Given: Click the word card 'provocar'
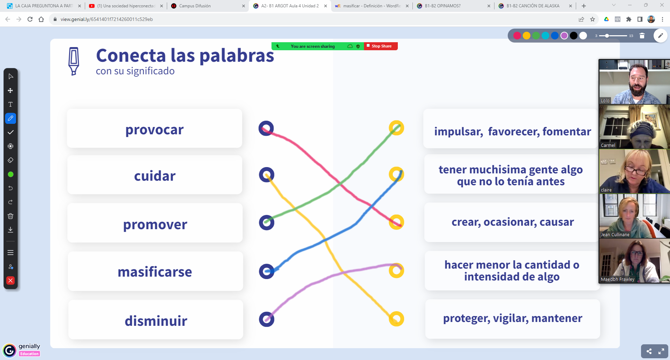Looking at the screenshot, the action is (x=154, y=128).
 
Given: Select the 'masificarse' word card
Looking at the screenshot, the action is (x=155, y=271).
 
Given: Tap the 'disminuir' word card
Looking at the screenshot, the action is (x=156, y=320).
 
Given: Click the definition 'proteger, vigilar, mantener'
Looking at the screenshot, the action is (x=513, y=318).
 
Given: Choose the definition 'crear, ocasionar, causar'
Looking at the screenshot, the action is (x=512, y=222).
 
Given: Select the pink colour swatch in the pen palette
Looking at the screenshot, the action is (x=517, y=36).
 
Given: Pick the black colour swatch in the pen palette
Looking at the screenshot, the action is (x=574, y=36).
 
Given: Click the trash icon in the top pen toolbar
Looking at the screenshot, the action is (x=642, y=36).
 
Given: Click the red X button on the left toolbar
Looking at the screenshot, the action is (x=10, y=280).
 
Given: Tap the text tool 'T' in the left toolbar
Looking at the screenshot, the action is (x=10, y=104).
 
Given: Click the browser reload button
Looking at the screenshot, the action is (x=30, y=19).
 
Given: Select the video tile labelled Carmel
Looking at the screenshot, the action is (x=634, y=127).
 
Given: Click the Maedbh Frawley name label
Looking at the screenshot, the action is (x=618, y=279).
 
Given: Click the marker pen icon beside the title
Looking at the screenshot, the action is (x=74, y=61).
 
